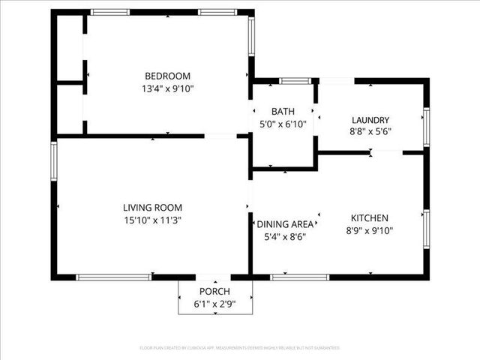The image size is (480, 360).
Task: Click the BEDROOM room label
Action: coord(167,76)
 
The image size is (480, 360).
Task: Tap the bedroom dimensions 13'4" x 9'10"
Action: coord(167,88)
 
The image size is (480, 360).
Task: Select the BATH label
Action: coord(283,111)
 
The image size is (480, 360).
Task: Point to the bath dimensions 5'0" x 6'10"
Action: coord(283,124)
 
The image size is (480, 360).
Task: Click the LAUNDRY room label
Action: coord(370,119)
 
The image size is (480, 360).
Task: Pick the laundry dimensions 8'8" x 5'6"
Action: coord(370,132)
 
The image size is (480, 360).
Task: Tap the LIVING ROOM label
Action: coord(152,207)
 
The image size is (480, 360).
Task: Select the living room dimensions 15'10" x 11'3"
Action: coord(152,220)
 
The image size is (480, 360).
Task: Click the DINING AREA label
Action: coord(285,223)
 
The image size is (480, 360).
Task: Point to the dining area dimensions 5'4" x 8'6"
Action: coord(285,236)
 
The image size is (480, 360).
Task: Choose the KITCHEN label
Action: coord(370,217)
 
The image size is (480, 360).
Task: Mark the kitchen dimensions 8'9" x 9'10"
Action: coord(370,230)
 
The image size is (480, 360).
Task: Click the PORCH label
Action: coord(214,291)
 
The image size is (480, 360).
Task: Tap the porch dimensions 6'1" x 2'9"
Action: coord(214,304)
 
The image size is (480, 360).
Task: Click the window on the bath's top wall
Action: coord(295,80)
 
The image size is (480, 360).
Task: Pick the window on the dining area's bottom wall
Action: coord(299,277)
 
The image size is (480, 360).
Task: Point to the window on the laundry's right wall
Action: coord(425,126)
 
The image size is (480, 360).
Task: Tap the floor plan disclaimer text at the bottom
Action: coord(240,348)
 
